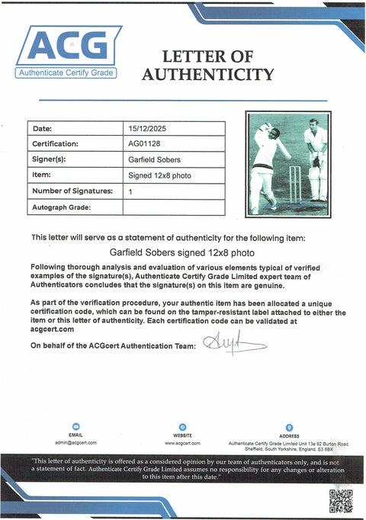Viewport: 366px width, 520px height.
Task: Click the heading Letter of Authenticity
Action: [x=207, y=66]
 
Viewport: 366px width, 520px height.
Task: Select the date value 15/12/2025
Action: [x=145, y=128]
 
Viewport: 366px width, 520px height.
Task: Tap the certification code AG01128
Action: [x=143, y=143]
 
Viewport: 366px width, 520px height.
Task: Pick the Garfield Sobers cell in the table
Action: [x=152, y=160]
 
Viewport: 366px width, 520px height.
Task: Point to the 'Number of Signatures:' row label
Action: [x=72, y=191]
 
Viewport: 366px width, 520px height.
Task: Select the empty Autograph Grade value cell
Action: [x=173, y=207]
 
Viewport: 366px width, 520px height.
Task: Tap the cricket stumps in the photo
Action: [x=294, y=184]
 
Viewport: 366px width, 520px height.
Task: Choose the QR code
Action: [x=340, y=500]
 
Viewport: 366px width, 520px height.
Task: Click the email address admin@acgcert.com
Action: [x=75, y=442]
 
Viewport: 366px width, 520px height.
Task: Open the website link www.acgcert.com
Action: [x=182, y=442]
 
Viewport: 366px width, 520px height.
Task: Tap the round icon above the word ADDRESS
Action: [x=289, y=428]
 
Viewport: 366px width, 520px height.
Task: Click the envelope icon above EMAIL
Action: [x=75, y=427]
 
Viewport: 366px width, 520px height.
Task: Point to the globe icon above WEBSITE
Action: [x=182, y=428]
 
